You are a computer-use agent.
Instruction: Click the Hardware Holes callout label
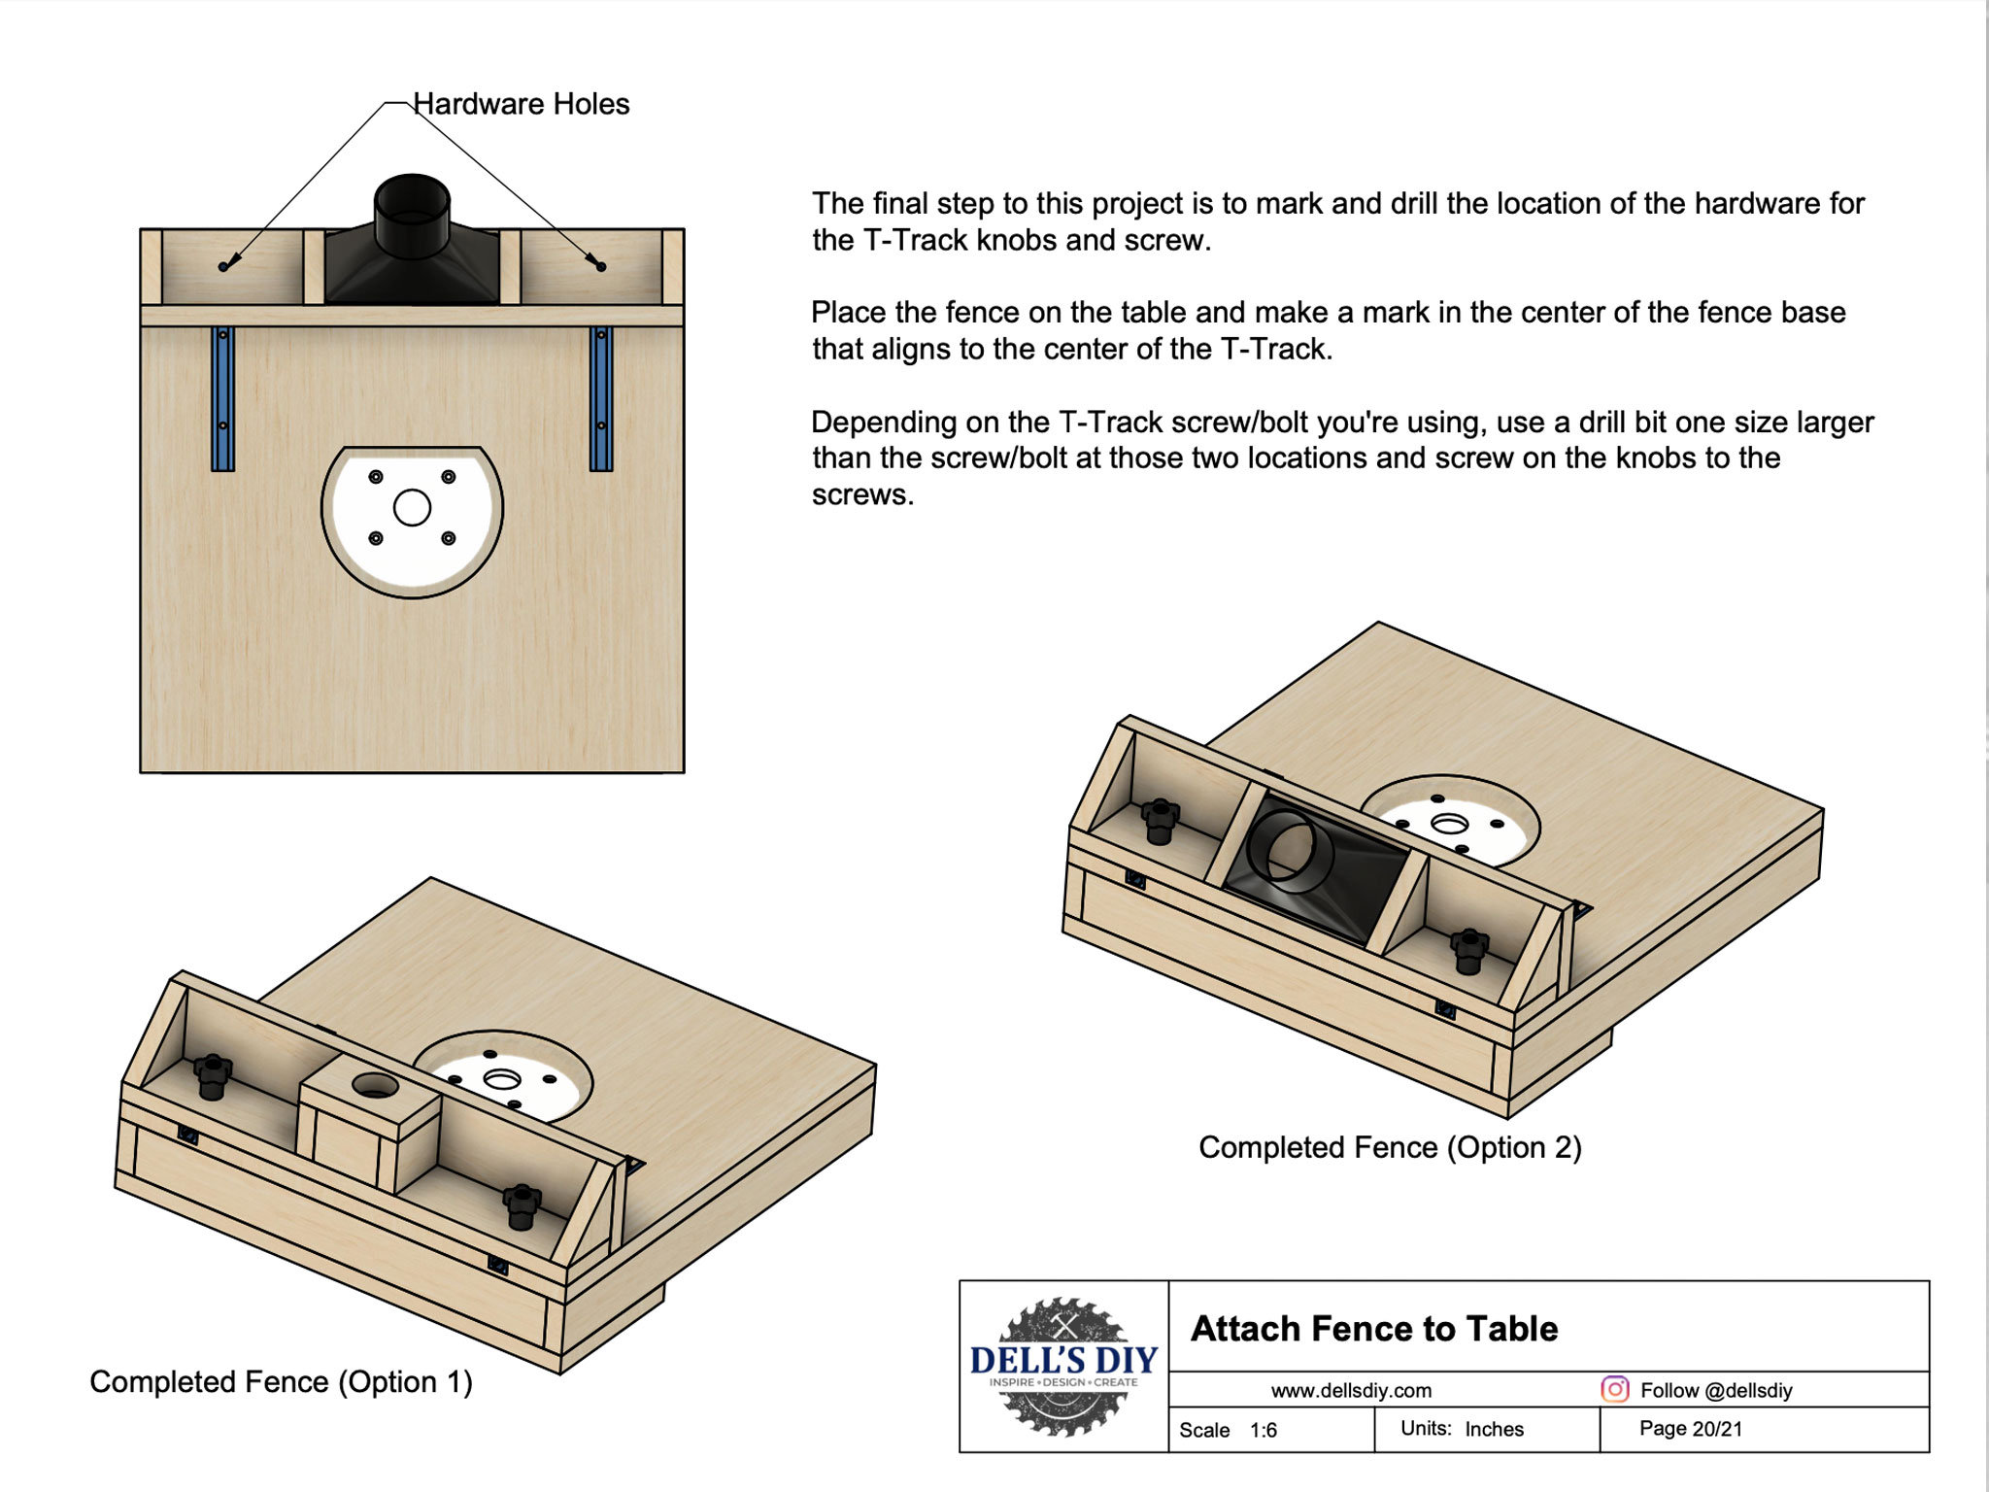[521, 104]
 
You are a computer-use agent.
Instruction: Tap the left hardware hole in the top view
[223, 266]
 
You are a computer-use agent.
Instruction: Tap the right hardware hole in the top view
[601, 266]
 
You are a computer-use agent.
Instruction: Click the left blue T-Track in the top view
[223, 399]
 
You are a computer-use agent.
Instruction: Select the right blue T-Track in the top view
[601, 399]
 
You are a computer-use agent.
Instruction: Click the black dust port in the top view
[412, 243]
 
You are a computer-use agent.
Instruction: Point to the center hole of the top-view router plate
[412, 507]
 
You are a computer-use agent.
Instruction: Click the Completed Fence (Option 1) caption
[281, 1381]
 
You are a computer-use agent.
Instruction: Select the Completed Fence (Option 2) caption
[1390, 1147]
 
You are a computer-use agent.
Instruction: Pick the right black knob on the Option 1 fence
[522, 1205]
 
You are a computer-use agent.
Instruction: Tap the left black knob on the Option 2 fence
[1160, 820]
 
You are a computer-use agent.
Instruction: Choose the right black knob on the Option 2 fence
[1468, 949]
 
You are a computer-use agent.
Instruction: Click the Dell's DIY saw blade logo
[1063, 1366]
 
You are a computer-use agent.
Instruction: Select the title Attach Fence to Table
[1374, 1328]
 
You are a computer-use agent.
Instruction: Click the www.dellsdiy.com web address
[1351, 1390]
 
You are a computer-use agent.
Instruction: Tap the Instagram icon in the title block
[1614, 1389]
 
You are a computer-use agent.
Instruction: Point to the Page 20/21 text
[1690, 1428]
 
